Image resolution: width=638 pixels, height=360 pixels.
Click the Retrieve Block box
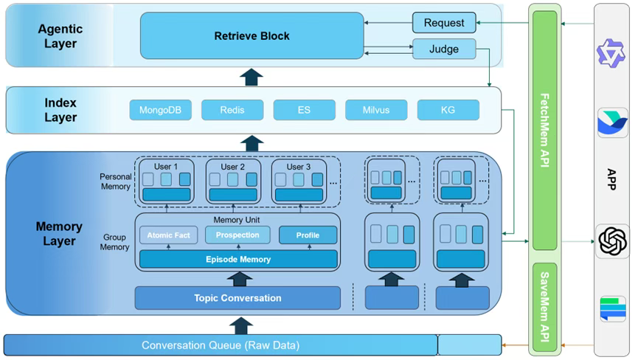click(x=252, y=35)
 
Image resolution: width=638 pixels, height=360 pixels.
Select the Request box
click(x=443, y=23)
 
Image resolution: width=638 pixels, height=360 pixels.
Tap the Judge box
click(x=443, y=49)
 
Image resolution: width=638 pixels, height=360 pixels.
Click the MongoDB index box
click(x=160, y=111)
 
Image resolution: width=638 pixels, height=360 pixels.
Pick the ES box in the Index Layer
click(x=303, y=111)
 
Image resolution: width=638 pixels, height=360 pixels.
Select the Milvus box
click(x=375, y=111)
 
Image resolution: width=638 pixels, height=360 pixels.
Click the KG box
click(x=448, y=111)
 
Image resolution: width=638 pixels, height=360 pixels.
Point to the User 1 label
click(x=166, y=167)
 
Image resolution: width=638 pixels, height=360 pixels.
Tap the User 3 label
click(x=299, y=167)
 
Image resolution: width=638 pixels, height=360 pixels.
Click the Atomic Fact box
click(x=168, y=235)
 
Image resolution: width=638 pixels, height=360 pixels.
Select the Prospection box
click(x=237, y=235)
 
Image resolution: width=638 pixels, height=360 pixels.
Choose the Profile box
click(x=308, y=235)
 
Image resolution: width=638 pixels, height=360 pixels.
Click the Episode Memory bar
click(x=237, y=259)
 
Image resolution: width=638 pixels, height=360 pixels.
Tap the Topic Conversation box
click(x=237, y=298)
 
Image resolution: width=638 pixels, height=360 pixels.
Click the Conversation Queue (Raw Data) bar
click(x=221, y=345)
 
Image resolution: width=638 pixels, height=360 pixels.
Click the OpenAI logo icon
click(x=612, y=240)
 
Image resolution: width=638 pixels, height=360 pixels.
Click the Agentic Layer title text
click(x=60, y=35)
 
